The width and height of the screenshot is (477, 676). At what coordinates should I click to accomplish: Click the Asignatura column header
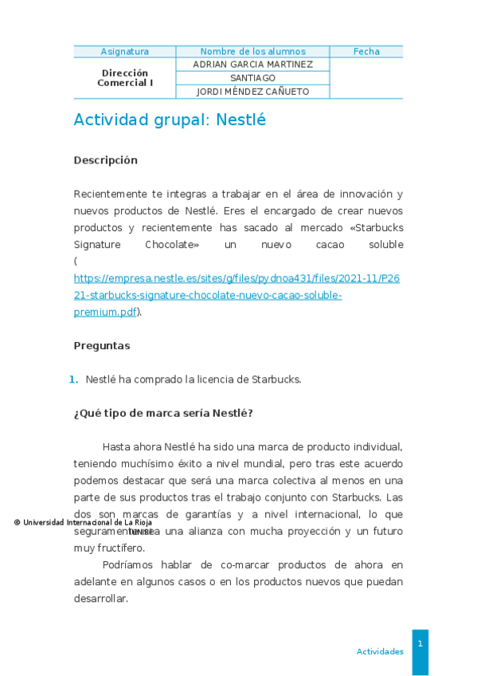coord(124,52)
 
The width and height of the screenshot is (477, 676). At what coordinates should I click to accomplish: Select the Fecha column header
coord(366,52)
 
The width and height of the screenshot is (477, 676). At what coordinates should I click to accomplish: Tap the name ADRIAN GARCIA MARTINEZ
coord(252,65)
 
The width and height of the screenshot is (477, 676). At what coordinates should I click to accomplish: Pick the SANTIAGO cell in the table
coord(252,78)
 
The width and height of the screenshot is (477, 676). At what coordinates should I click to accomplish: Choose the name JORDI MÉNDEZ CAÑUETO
coord(252,92)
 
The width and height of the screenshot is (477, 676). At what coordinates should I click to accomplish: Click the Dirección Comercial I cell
coord(124,77)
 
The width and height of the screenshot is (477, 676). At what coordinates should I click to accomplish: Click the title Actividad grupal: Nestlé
coord(170,120)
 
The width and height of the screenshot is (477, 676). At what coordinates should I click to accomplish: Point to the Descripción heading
coord(105,160)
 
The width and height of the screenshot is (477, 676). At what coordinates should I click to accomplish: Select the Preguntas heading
coord(101,346)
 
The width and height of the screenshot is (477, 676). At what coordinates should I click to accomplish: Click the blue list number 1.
coord(73,379)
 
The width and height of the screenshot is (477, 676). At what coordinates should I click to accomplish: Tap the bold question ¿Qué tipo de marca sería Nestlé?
coord(162,413)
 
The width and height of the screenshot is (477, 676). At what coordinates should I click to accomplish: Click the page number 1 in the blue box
coord(420,643)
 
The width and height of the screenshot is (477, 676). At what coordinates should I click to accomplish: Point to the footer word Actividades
coord(380,652)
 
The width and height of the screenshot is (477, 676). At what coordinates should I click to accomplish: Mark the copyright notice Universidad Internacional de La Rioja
coord(83,523)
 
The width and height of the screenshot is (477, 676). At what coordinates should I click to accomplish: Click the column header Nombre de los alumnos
coord(252,52)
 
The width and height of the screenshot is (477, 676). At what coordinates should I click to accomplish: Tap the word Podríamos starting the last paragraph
coord(129,565)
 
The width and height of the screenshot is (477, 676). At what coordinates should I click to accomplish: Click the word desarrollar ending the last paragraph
coord(100,599)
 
